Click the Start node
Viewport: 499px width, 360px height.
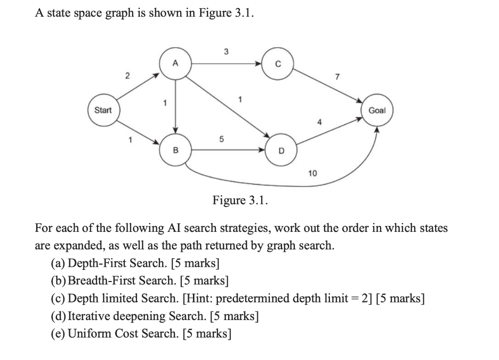(x=103, y=110)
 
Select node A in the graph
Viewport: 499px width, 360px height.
(x=175, y=63)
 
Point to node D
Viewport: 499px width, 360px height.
(x=281, y=151)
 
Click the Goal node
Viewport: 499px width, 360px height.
(x=377, y=111)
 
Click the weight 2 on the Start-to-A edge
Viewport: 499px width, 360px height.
(x=127, y=76)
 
